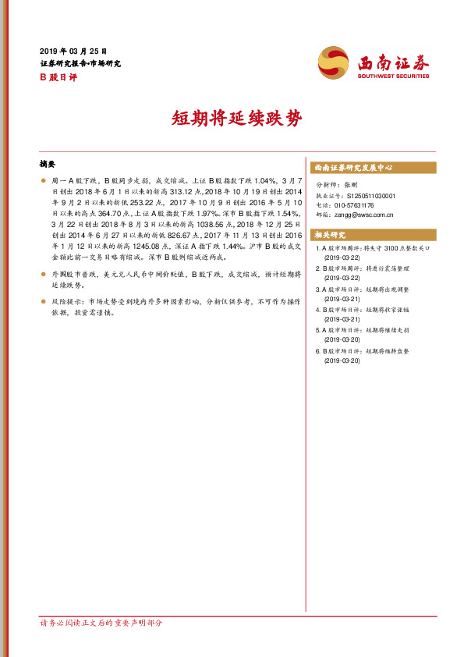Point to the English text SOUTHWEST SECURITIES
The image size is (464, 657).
[393, 76]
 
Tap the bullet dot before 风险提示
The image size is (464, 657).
[44, 300]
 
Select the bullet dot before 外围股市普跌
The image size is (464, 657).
[44, 276]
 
